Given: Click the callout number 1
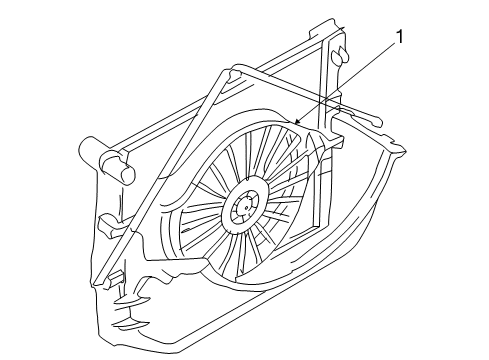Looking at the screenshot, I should click(400, 39).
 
